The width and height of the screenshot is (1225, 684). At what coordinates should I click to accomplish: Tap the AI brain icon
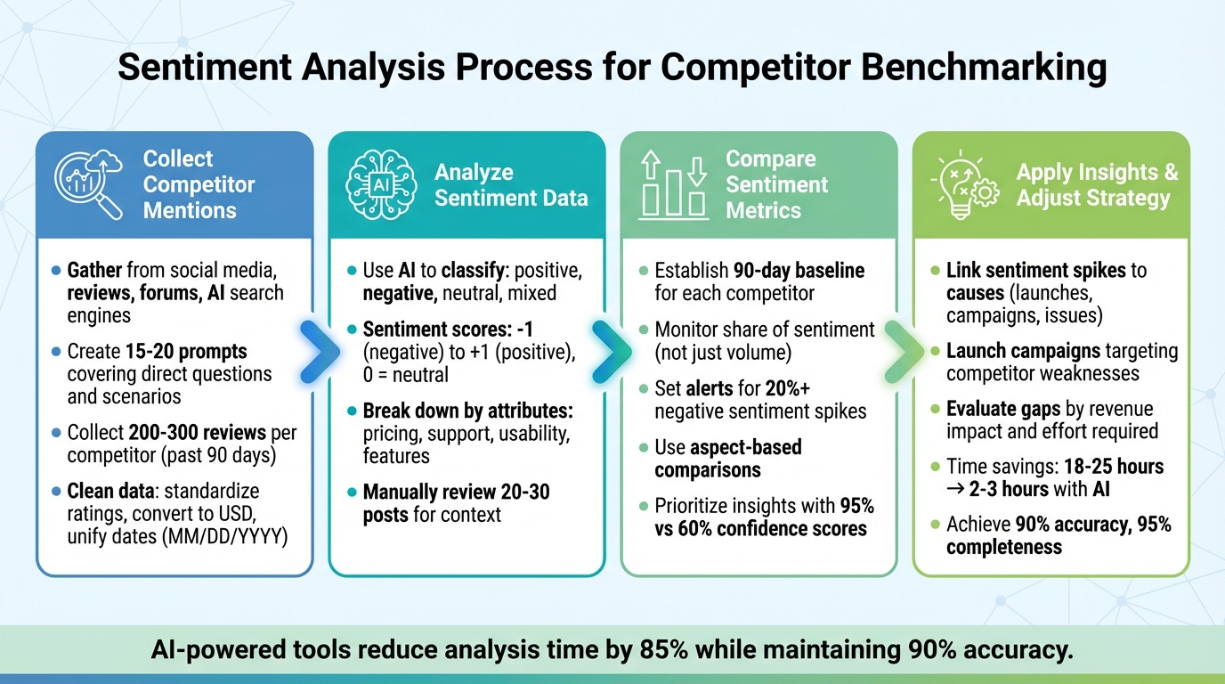pyautogui.click(x=380, y=185)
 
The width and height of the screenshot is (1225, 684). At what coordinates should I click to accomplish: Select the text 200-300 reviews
pyautogui.click(x=209, y=433)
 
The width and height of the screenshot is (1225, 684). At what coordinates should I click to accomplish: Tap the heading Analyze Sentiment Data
pyautogui.click(x=511, y=184)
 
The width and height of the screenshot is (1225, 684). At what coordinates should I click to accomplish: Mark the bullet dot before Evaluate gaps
pyautogui.click(x=935, y=409)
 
